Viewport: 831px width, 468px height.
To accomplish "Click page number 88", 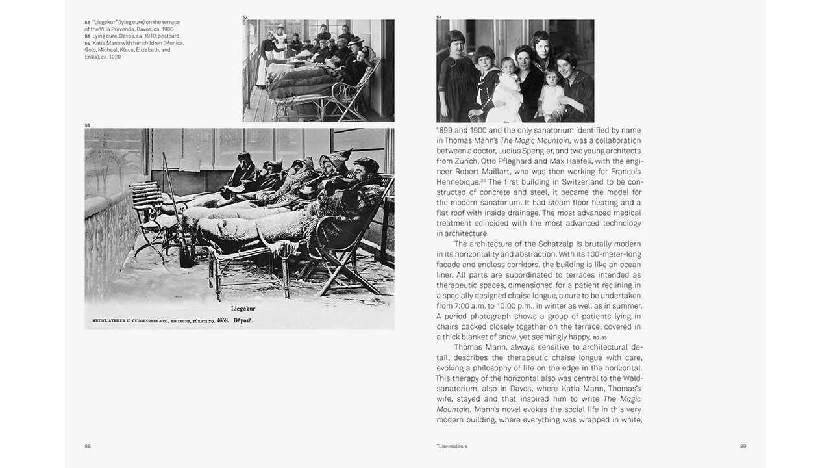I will click(x=88, y=447).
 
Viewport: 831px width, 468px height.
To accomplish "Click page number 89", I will click(x=743, y=447).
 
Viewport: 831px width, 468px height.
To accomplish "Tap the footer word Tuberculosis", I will click(x=452, y=447).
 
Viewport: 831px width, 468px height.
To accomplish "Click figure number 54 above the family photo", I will click(x=439, y=17).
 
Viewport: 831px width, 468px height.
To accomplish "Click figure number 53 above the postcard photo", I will click(x=87, y=125).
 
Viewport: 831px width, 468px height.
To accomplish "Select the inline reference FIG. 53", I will click(x=599, y=338).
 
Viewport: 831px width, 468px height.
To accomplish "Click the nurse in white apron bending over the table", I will click(x=268, y=52).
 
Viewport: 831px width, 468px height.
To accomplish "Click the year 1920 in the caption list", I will click(x=114, y=57).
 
